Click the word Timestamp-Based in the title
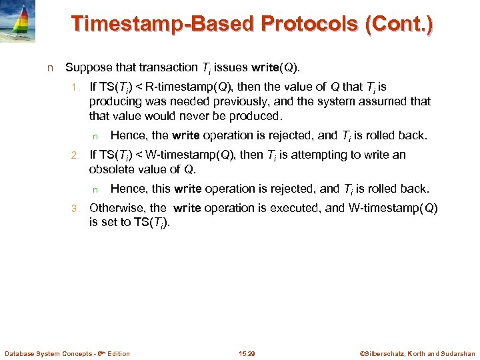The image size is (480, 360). coord(164,24)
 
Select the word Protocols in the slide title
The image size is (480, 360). coord(312,24)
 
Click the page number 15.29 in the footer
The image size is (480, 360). coord(247,353)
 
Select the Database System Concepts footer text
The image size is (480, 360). coord(67,353)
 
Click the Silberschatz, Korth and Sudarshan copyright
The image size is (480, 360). coord(417,353)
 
